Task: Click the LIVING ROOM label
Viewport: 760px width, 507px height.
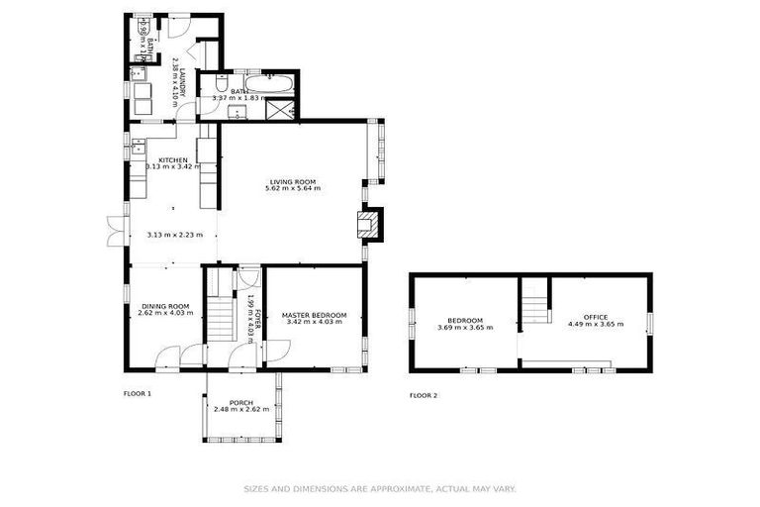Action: point(292,181)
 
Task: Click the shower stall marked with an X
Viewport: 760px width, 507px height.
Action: point(281,107)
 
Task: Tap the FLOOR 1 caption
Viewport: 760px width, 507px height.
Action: point(137,393)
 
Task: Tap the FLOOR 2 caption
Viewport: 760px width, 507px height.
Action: point(424,394)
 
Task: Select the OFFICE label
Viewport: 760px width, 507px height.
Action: point(595,317)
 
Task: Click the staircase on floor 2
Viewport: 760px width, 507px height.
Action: point(534,302)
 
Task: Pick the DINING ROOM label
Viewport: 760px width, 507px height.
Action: point(164,306)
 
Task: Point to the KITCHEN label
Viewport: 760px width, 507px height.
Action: point(173,159)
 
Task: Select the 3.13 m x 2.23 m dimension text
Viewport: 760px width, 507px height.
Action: point(174,235)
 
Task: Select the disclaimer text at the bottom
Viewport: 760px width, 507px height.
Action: point(380,488)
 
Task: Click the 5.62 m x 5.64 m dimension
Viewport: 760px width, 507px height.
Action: point(292,189)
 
